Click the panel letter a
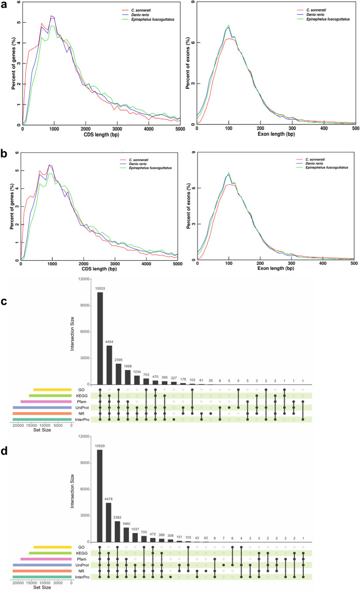[x=4, y=5]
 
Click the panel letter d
[x=4, y=452]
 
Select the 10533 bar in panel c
[x=100, y=338]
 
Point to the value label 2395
[x=118, y=360]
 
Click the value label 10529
[x=100, y=446]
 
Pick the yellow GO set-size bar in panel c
[x=53, y=390]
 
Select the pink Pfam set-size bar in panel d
[x=46, y=559]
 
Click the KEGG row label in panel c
[x=81, y=395]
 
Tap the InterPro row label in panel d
[x=82, y=577]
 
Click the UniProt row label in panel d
[x=82, y=565]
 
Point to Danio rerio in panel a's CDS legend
[x=140, y=15]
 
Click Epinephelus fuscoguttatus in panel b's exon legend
[x=327, y=168]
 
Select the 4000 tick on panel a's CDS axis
[x=149, y=129]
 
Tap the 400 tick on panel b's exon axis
[x=322, y=263]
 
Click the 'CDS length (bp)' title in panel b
[x=100, y=269]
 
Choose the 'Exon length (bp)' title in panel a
[x=276, y=134]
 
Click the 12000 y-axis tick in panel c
[x=84, y=279]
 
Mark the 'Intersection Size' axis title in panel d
[x=72, y=491]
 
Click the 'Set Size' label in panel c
[x=42, y=430]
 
